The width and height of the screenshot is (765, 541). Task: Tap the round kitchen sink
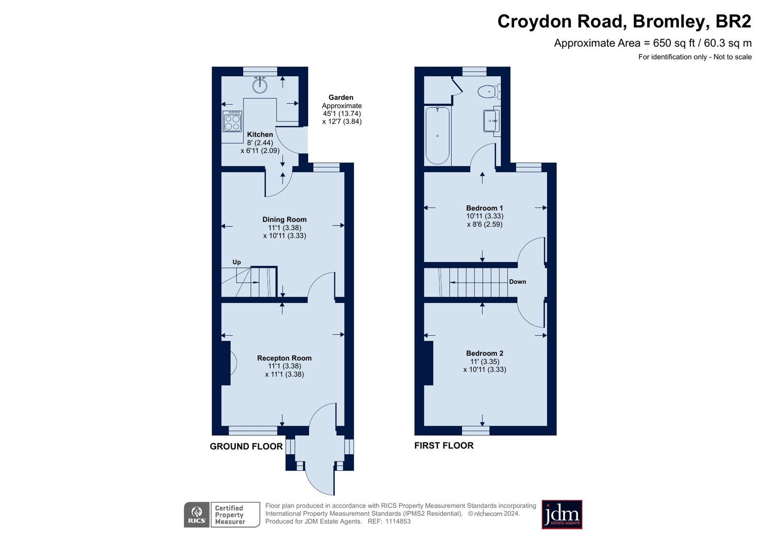click(x=260, y=86)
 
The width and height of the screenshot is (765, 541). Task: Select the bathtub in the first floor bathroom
click(x=437, y=135)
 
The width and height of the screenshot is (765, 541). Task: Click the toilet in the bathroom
click(x=488, y=91)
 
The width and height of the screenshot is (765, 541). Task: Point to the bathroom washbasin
click(x=491, y=121)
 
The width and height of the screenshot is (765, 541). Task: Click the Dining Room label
click(x=284, y=220)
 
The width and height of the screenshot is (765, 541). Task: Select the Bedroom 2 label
click(x=485, y=353)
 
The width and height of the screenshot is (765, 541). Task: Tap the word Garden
click(x=341, y=98)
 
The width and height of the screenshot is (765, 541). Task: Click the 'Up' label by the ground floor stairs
click(x=236, y=262)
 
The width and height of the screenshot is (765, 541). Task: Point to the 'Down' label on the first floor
click(x=517, y=282)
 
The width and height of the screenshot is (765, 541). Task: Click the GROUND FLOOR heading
click(x=246, y=447)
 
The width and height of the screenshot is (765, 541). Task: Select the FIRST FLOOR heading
click(x=443, y=446)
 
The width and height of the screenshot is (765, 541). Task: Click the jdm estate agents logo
click(x=562, y=515)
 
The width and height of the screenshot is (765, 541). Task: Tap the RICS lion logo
click(x=197, y=515)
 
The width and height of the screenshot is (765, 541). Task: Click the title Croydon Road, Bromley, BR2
click(x=624, y=22)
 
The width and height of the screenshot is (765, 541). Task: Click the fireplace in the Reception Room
click(x=227, y=363)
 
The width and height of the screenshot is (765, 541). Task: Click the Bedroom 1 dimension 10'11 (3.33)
click(x=485, y=216)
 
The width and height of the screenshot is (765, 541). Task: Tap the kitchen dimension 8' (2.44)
click(x=260, y=143)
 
